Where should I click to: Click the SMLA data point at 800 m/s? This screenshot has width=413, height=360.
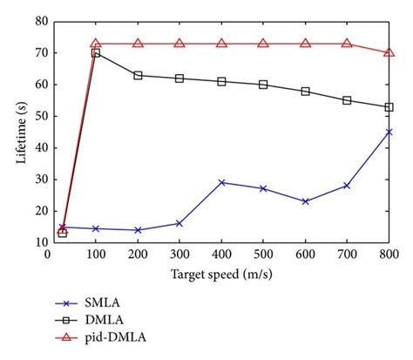click(x=389, y=132)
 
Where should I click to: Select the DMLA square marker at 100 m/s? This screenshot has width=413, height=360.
click(x=96, y=53)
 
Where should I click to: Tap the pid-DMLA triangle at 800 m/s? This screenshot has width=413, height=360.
click(x=389, y=52)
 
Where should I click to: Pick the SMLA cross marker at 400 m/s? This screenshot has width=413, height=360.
click(x=221, y=182)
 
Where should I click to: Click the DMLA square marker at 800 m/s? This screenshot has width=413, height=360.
click(x=389, y=107)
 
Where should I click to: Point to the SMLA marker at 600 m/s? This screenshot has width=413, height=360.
click(x=305, y=201)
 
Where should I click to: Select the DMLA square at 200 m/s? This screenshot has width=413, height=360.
click(x=138, y=75)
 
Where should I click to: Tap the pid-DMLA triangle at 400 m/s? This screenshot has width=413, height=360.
click(x=221, y=43)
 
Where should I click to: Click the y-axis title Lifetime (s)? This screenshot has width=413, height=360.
click(x=16, y=132)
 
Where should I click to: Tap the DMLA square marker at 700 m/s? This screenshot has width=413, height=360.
click(x=347, y=100)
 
